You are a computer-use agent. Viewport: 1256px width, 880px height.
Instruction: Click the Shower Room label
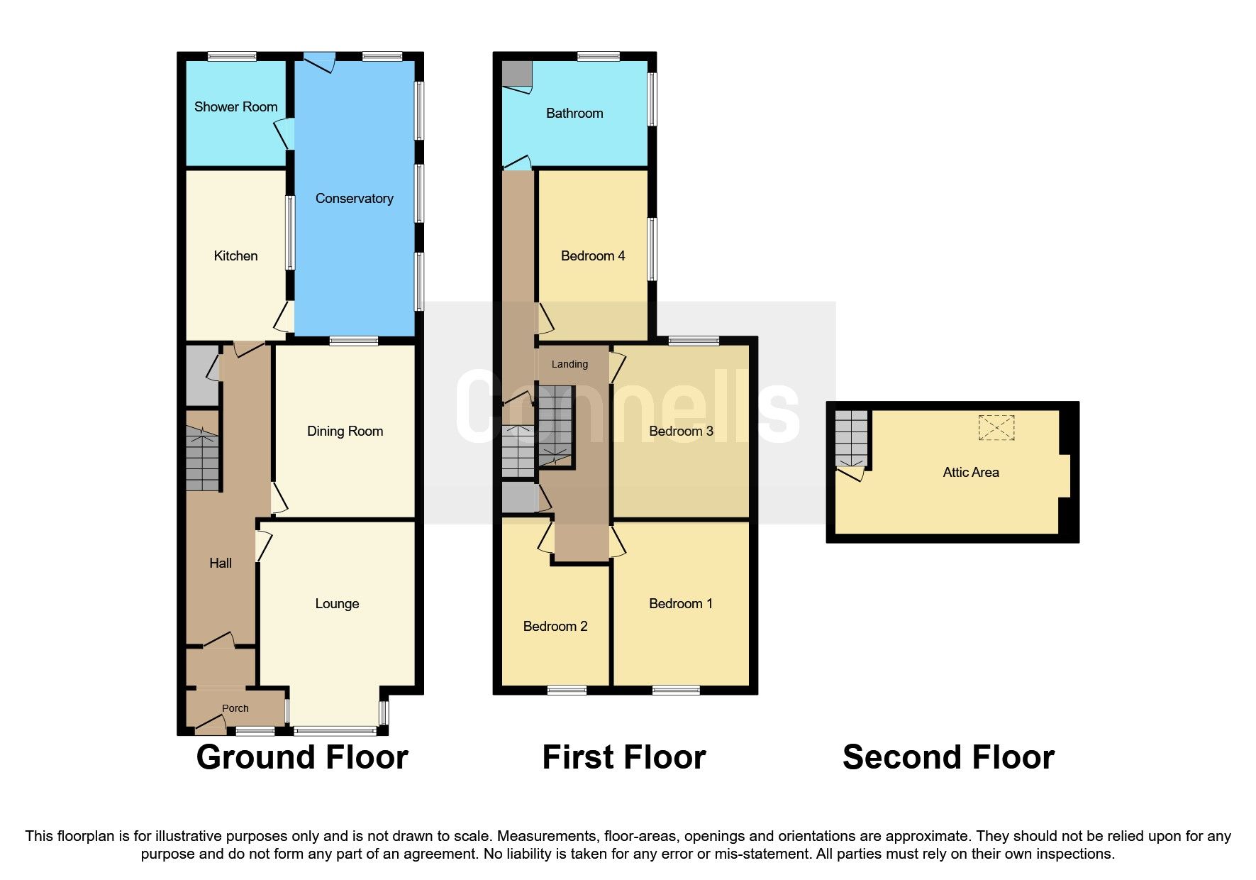(x=235, y=107)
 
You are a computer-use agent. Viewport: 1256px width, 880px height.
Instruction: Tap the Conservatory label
(x=354, y=199)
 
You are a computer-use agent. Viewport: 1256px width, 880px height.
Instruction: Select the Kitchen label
(x=235, y=256)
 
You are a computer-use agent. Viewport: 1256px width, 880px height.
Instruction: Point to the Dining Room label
(x=345, y=431)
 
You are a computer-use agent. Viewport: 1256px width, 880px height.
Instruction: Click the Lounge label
(x=337, y=604)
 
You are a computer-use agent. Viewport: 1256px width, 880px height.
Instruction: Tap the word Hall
(x=221, y=563)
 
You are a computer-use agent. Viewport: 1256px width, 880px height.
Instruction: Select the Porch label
(x=235, y=708)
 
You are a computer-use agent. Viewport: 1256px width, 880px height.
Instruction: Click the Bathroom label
(x=574, y=114)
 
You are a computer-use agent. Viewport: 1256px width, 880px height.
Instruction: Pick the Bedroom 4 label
(x=592, y=256)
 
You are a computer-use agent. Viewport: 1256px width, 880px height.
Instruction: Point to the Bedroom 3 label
(x=681, y=431)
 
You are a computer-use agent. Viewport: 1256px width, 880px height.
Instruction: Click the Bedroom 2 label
(x=555, y=627)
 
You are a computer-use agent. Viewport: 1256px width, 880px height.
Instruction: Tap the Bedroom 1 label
(x=681, y=604)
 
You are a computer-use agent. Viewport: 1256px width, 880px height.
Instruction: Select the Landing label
(x=569, y=364)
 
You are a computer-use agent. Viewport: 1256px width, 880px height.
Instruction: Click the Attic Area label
(x=970, y=473)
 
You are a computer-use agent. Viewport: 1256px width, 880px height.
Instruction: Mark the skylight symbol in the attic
(x=996, y=428)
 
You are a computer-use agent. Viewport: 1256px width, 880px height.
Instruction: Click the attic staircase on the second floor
(x=851, y=436)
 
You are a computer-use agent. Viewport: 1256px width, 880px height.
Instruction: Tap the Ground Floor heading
(x=302, y=758)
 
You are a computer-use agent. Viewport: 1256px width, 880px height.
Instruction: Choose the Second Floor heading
(x=948, y=758)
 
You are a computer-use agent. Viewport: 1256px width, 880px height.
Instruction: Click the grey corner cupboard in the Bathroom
(x=516, y=74)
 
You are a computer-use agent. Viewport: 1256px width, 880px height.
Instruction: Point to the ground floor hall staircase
(x=203, y=458)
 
